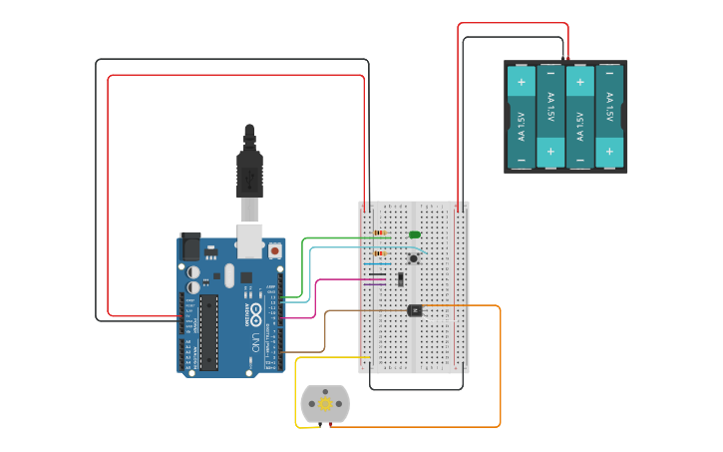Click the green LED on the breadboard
[414, 234]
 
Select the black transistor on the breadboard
[415, 310]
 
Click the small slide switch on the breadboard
[400, 278]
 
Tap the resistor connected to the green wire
[379, 233]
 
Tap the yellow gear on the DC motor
[325, 403]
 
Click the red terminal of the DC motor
[330, 425]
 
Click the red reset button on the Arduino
[274, 251]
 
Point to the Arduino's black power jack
[189, 246]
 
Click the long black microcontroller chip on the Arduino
[208, 331]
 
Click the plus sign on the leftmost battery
[521, 81]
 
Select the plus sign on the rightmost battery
[609, 152]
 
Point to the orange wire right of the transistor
[469, 306]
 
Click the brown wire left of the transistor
[359, 310]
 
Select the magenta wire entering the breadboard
[344, 280]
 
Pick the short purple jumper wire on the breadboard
[377, 273]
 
